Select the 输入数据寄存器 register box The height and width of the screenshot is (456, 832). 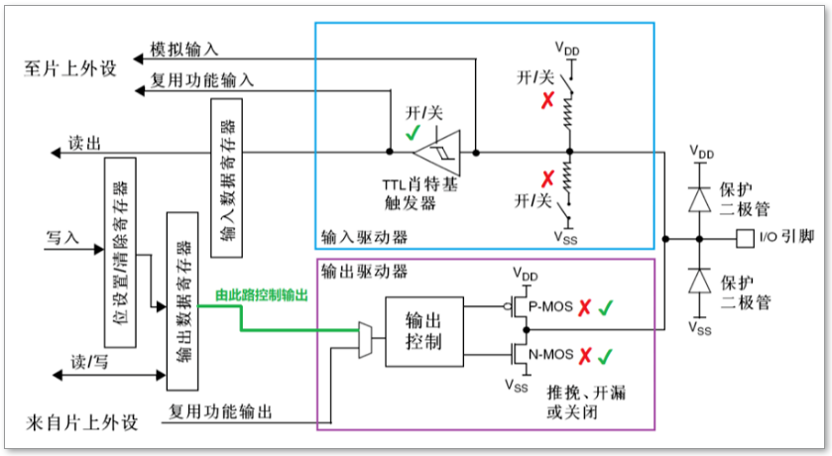(x=226, y=179)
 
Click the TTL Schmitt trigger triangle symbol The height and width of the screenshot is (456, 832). (x=436, y=153)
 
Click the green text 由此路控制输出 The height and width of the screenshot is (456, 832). (x=262, y=295)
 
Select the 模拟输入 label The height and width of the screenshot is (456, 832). (x=183, y=49)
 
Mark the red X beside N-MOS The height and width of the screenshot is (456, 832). (x=584, y=354)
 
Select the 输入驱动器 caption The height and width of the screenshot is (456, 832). (x=364, y=237)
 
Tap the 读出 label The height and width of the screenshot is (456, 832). (x=83, y=144)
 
